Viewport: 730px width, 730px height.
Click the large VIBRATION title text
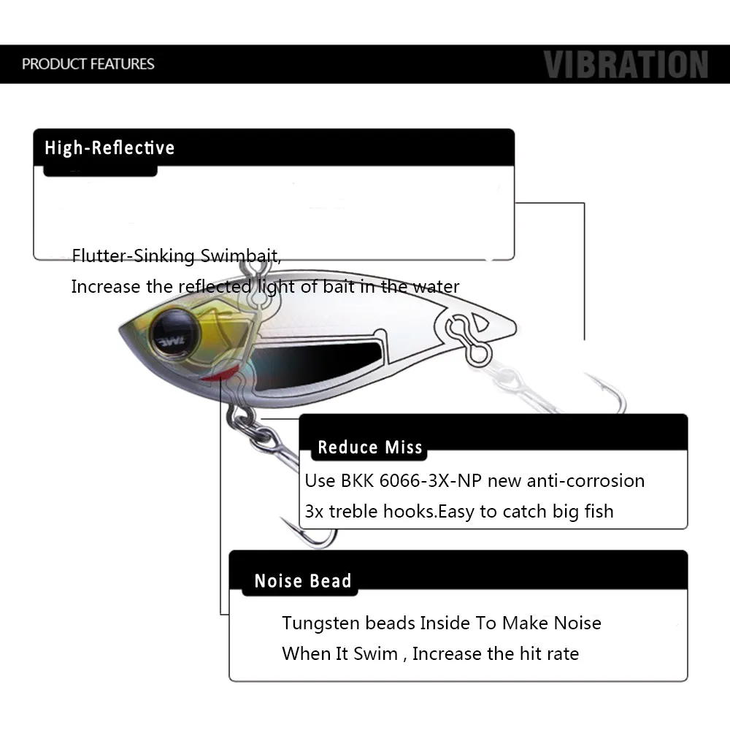tap(626, 64)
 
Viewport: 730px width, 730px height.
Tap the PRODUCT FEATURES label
tap(88, 64)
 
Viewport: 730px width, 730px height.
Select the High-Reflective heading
tap(109, 148)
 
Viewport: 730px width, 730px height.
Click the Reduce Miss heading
tap(370, 447)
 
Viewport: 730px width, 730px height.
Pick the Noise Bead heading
tap(303, 581)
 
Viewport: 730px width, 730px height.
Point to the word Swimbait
tap(240, 256)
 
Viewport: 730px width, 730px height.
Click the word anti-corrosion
tap(566, 481)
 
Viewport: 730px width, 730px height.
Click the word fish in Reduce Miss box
tap(599, 511)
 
